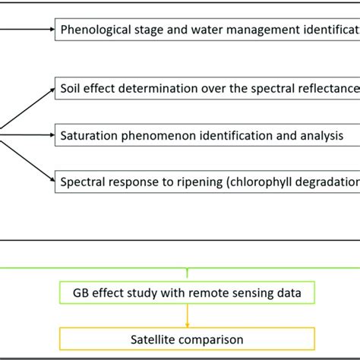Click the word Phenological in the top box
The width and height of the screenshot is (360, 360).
[94, 30]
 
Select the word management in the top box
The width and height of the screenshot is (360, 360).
[258, 30]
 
